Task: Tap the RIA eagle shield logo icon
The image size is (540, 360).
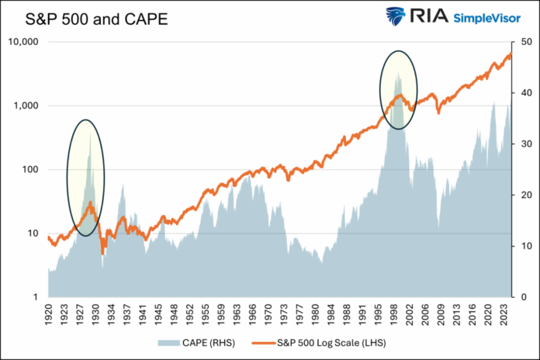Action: pyautogui.click(x=396, y=17)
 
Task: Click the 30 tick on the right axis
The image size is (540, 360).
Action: pyautogui.click(x=524, y=144)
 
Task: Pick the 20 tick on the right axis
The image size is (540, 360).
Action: pyautogui.click(x=524, y=195)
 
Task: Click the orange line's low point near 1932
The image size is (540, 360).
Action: pyautogui.click(x=103, y=253)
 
